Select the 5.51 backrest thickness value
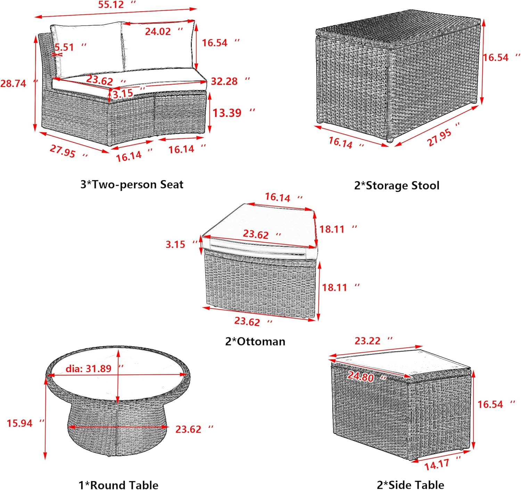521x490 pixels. tap(70, 47)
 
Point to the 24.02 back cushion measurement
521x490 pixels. tap(164, 32)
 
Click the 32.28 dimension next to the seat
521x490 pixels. tap(230, 81)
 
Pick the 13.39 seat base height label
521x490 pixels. tap(234, 113)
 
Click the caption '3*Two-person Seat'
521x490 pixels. tap(132, 185)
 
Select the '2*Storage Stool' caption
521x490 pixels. tap(397, 185)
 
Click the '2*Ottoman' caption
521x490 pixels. tap(255, 341)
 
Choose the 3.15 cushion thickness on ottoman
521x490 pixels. tap(181, 244)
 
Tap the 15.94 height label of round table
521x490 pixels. tap(25, 423)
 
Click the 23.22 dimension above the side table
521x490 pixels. tap(374, 341)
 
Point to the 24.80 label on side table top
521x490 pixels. tap(367, 377)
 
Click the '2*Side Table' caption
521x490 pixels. tap(410, 484)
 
